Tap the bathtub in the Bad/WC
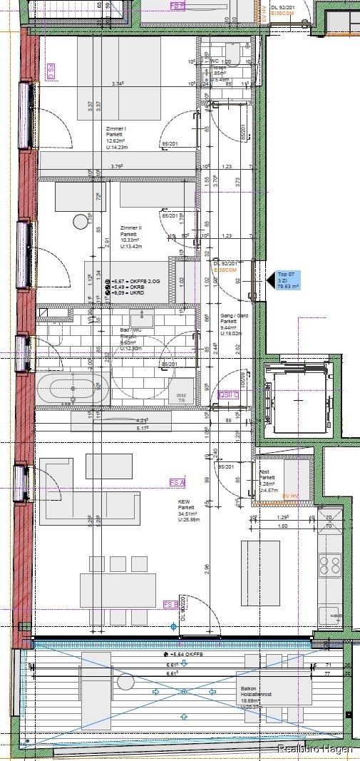pyautogui.click(x=72, y=390)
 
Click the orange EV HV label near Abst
pyautogui.click(x=290, y=496)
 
